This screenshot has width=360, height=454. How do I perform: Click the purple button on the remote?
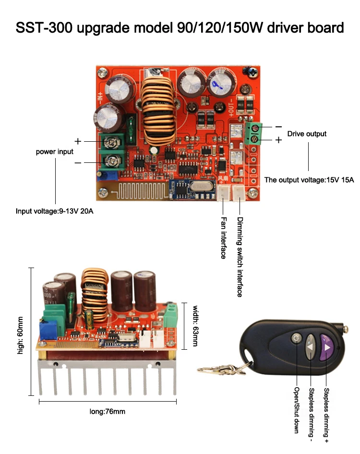coord(326,347)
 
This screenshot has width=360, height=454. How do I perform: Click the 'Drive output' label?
coord(307,134)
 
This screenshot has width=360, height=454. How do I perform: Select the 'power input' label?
coord(54,152)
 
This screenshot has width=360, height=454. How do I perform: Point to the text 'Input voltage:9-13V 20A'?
coord(54,211)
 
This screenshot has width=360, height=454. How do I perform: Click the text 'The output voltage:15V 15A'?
coord(309,180)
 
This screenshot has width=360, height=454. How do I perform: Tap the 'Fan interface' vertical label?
coord(223,238)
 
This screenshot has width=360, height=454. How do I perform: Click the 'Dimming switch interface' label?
coord(240,257)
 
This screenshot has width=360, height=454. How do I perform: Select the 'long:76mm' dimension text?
coord(108,411)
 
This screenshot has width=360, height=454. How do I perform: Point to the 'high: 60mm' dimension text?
coord(20,335)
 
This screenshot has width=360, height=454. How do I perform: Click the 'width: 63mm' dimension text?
coord(195,326)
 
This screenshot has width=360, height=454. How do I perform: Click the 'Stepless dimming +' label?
coord(326,415)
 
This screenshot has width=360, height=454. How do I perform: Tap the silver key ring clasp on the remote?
coord(221,369)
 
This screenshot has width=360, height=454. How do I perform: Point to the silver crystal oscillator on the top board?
coord(202,186)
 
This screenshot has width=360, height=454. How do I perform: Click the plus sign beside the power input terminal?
coord(78,141)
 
